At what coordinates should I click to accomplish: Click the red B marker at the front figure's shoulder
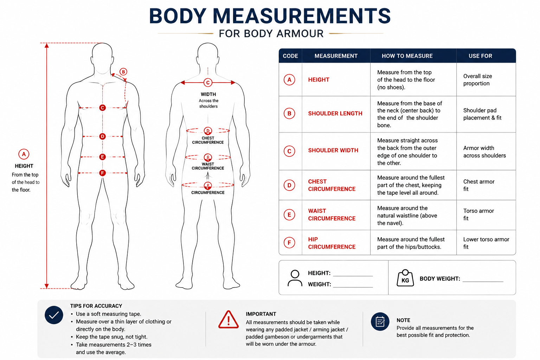[x=123, y=72]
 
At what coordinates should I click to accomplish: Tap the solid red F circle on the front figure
[x=102, y=173]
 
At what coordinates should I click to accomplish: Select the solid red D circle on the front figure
[x=102, y=136]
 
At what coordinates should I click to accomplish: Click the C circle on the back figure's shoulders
[x=208, y=83]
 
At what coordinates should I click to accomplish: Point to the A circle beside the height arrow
[x=24, y=154]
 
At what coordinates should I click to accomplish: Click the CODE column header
[x=290, y=56]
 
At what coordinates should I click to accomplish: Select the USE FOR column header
[x=480, y=56]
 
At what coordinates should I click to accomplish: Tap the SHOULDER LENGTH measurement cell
[x=335, y=113]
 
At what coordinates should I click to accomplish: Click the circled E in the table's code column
[x=289, y=214]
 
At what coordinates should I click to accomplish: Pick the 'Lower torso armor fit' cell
[x=486, y=243]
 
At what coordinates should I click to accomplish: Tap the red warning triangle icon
[x=228, y=320]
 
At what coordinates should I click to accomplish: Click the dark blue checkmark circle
[x=54, y=315]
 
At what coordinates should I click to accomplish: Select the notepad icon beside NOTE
[x=380, y=322]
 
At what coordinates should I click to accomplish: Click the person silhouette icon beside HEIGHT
[x=295, y=278]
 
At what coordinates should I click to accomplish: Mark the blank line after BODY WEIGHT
[x=483, y=281]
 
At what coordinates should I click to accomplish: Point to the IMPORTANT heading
[x=261, y=314]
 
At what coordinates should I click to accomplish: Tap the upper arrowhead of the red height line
[x=47, y=46]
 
